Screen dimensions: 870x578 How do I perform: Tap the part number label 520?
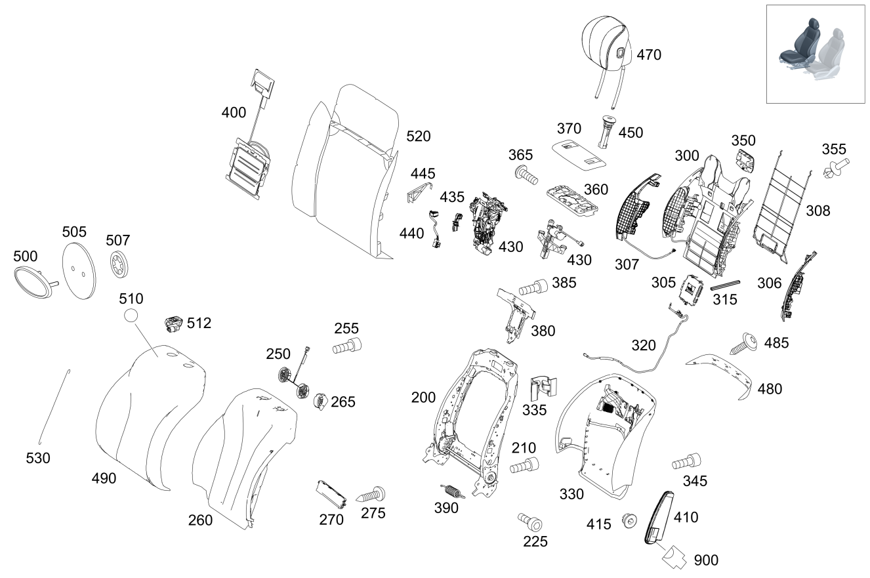click(419, 136)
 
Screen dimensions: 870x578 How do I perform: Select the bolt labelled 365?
click(526, 175)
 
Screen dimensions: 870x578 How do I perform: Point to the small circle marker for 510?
click(131, 315)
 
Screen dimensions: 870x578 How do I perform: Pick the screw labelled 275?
click(371, 495)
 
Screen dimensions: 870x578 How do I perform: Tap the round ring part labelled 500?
click(35, 282)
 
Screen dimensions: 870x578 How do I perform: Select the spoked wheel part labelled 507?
click(119, 264)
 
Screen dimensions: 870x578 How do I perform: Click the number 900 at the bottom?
click(706, 560)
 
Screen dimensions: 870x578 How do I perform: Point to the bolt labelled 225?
click(529, 522)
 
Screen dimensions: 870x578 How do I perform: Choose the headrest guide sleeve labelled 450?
click(606, 132)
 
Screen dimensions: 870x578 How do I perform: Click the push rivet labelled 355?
click(836, 169)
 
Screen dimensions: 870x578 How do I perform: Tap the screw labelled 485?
click(743, 343)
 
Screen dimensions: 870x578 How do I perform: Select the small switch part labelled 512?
click(174, 324)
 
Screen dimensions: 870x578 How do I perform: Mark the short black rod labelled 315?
click(725, 285)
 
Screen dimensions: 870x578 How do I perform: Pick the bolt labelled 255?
click(347, 346)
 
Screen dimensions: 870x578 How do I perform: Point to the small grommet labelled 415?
click(629, 520)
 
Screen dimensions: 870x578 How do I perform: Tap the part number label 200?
click(423, 398)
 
